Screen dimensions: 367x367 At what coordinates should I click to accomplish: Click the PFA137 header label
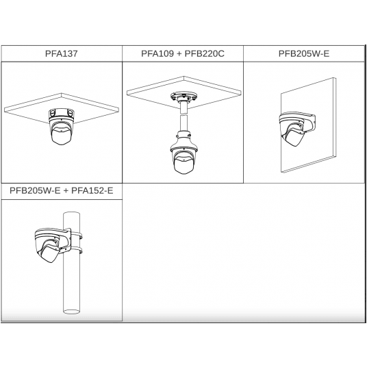click(61, 53)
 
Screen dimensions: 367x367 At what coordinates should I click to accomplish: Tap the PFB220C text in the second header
click(204, 53)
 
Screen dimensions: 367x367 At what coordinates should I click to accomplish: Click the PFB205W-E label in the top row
click(304, 53)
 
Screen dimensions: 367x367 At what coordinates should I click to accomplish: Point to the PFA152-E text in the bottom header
click(92, 190)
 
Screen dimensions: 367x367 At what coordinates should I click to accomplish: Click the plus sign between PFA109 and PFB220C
click(179, 54)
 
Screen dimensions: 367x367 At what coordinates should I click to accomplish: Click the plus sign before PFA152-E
click(66, 191)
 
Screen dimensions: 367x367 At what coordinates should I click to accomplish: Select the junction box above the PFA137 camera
click(62, 113)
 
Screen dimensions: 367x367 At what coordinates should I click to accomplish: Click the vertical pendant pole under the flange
click(183, 117)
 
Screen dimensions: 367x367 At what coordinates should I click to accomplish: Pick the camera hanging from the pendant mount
click(184, 160)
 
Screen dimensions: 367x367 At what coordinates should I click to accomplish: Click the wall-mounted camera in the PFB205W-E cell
click(292, 131)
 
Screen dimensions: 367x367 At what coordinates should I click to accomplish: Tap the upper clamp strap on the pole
click(76, 236)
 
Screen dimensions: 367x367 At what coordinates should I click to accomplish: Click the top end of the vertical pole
click(72, 213)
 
